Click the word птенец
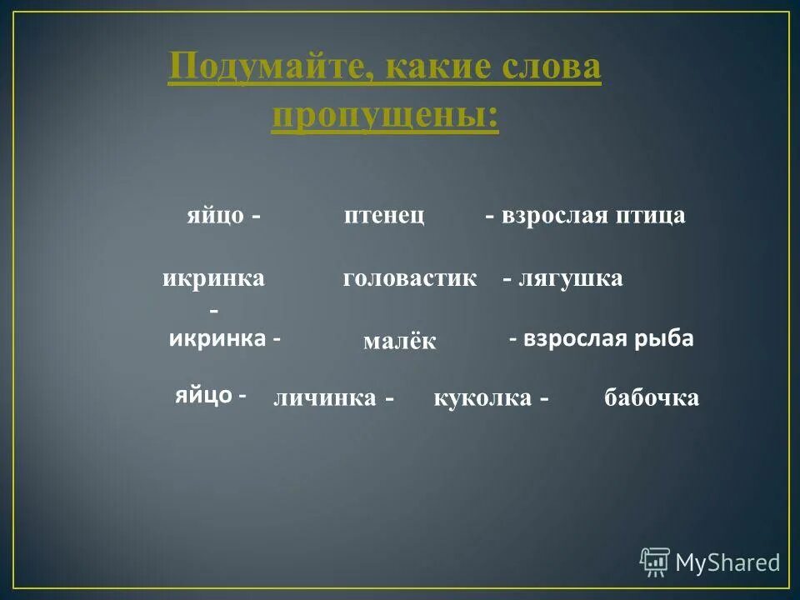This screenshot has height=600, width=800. pos(384,216)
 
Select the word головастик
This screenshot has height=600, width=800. pos(409,279)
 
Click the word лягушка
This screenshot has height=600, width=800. pos(571,279)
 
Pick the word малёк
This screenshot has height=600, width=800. pos(399,342)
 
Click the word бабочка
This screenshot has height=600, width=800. pos(652,399)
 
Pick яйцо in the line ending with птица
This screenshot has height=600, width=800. pos(215,216)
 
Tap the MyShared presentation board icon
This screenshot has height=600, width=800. pos(655,562)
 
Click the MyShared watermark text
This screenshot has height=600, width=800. pos(727,563)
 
